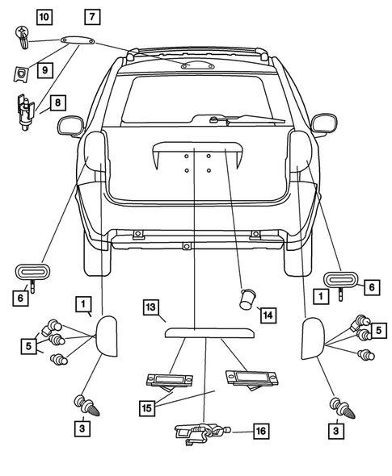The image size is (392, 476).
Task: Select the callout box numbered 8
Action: click(x=57, y=102)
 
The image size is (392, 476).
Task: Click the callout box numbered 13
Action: click(x=150, y=307)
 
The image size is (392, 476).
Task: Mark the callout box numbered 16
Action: click(x=260, y=431)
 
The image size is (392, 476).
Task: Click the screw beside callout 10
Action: click(x=21, y=35)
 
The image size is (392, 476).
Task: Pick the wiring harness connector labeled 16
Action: click(x=199, y=434)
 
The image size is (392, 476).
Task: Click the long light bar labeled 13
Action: click(x=206, y=331)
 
